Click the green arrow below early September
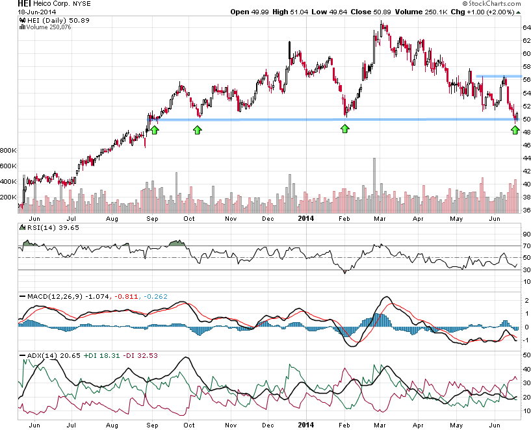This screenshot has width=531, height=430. [155, 130]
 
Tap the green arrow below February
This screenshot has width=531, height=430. [345, 130]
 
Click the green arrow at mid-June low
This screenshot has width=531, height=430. [515, 130]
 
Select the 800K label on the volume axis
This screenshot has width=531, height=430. [9, 150]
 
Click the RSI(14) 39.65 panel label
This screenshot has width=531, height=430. [43, 228]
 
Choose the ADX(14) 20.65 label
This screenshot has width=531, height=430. [43, 356]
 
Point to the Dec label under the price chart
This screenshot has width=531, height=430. [268, 218]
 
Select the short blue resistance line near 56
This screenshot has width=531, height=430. [498, 77]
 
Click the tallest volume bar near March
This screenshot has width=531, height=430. [374, 185]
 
